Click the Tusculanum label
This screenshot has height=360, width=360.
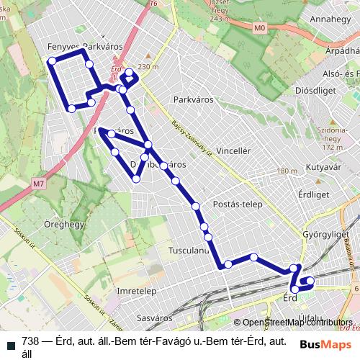pos(187,251)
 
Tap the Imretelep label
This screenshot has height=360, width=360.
pos(137,291)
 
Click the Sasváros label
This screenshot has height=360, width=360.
pos(156,317)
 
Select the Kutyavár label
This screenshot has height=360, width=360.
pos(323,166)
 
